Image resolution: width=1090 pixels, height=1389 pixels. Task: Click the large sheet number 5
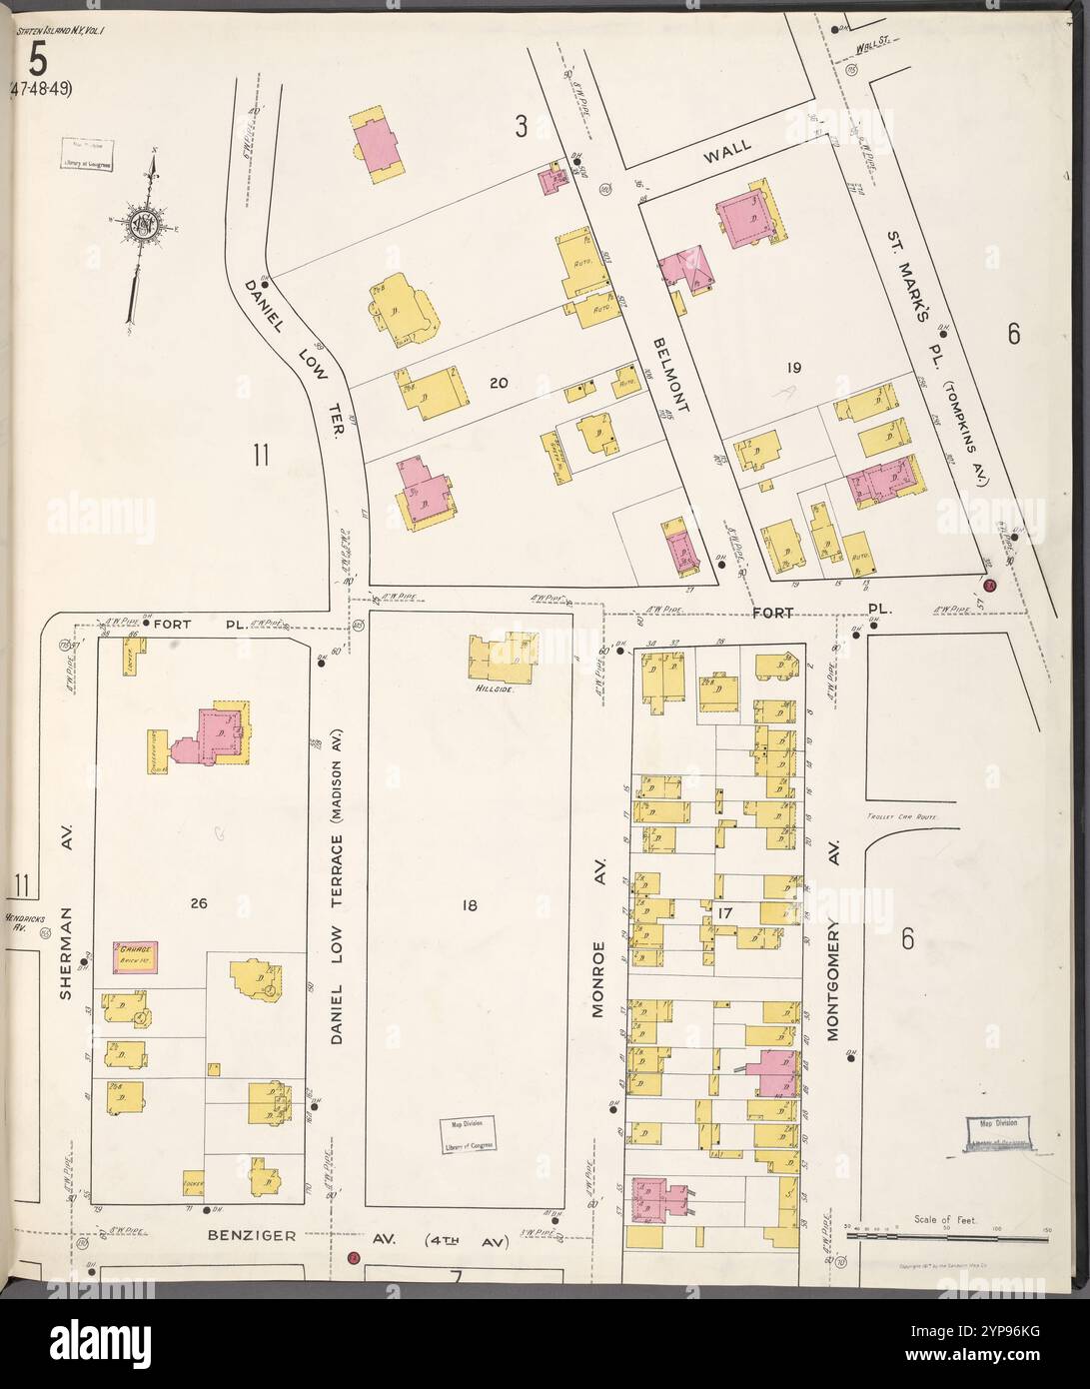36,62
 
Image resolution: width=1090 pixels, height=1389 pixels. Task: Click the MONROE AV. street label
601,979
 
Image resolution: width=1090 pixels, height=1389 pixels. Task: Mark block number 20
500,383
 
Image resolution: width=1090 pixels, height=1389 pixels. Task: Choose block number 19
793,368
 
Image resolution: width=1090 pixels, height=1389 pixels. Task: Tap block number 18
468,905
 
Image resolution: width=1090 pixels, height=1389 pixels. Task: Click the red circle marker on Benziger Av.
353,1257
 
